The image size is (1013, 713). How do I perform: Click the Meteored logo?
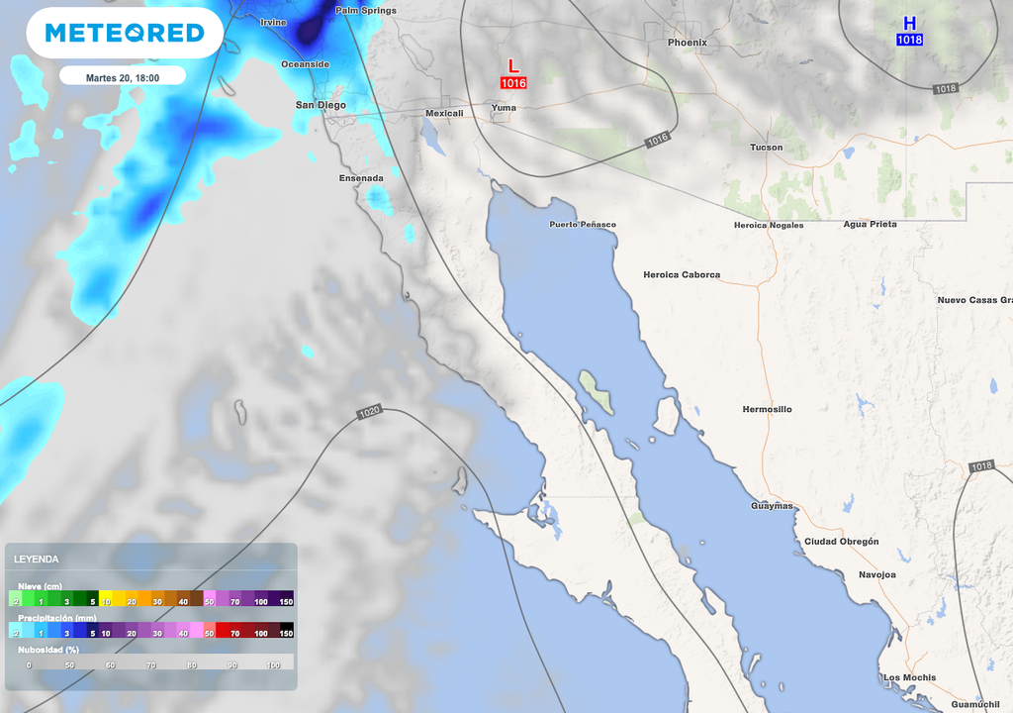124,33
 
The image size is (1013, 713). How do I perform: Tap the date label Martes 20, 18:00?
123,76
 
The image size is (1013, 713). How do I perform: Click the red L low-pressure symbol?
512,66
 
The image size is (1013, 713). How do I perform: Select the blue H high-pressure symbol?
909,23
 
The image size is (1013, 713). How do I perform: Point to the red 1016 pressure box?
512,84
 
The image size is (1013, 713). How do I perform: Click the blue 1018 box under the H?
909,40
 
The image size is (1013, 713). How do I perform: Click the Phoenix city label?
687,43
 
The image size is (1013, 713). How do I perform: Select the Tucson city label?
766,148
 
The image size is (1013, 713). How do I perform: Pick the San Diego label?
321,105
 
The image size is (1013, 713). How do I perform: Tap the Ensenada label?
360,178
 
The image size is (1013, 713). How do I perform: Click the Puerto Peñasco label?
583,225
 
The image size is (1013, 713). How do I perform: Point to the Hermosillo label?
767,409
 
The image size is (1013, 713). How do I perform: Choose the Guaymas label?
771,506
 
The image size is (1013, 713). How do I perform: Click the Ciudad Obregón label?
841,542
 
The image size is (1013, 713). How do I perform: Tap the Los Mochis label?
909,677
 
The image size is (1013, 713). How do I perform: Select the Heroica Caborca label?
682,274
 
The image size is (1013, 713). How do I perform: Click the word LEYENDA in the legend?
36,559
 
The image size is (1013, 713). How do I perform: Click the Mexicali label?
443,113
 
